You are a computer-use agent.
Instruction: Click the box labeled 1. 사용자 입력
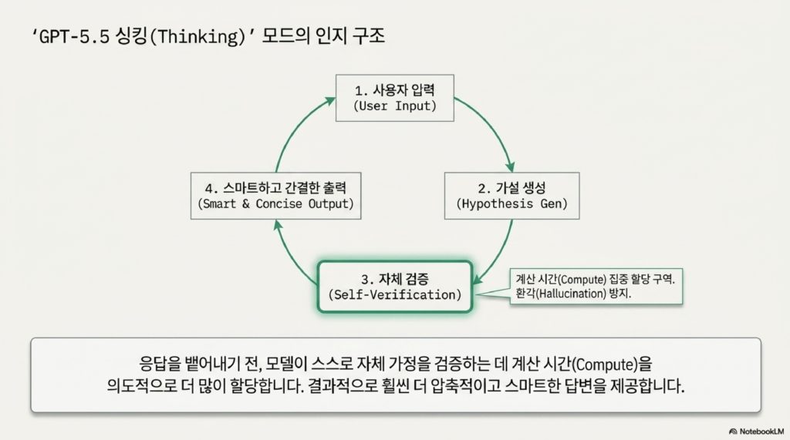pyautogui.click(x=395, y=97)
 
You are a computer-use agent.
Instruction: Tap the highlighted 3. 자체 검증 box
pyautogui.click(x=394, y=287)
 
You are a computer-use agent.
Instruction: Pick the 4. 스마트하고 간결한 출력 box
pyautogui.click(x=276, y=195)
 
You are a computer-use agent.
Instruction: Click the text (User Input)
pyautogui.click(x=395, y=106)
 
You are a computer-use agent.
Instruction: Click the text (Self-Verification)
pyautogui.click(x=394, y=295)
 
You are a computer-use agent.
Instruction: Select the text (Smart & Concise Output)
pyautogui.click(x=276, y=204)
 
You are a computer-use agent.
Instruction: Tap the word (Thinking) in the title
pyautogui.click(x=188, y=37)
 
